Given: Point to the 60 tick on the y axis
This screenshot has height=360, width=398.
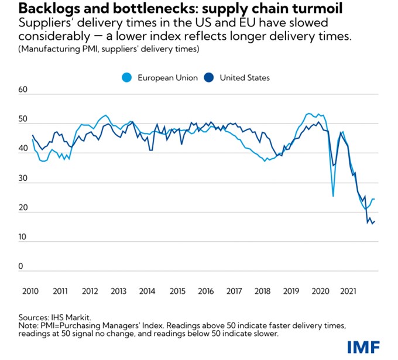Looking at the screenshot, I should click(x=23, y=90).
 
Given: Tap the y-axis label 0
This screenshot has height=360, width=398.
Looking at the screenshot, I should click(x=20, y=267).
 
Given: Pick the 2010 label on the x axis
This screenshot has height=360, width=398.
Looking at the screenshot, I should click(x=30, y=291).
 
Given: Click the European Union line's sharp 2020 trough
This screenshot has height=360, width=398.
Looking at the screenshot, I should click(x=333, y=196).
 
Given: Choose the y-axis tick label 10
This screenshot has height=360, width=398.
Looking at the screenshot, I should click(x=23, y=238).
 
